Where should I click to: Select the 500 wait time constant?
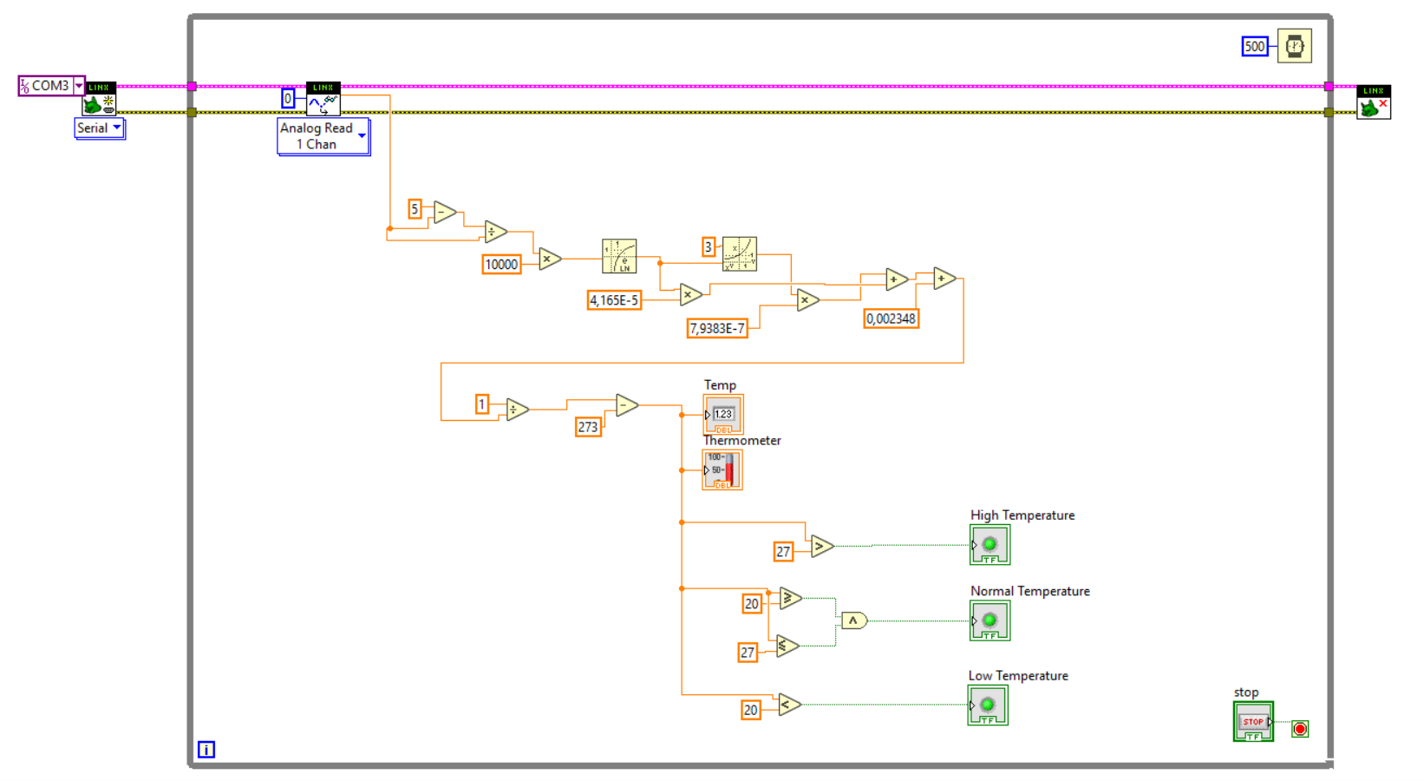click(x=1254, y=47)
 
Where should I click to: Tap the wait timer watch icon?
click(x=1294, y=46)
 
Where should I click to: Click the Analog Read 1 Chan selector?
click(x=323, y=136)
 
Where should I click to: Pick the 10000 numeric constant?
click(x=501, y=265)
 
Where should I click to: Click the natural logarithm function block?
click(x=619, y=256)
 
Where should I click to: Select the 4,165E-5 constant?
click(x=614, y=300)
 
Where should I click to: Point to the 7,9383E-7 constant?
click(x=716, y=328)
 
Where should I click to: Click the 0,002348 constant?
click(x=891, y=318)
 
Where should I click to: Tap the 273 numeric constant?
click(x=588, y=427)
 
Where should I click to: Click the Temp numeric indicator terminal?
click(x=722, y=415)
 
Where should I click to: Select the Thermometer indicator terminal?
click(x=722, y=470)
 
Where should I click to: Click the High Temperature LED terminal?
click(x=990, y=545)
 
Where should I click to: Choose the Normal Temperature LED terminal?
click(x=990, y=621)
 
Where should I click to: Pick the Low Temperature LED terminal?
click(x=988, y=706)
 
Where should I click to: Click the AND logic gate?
click(x=853, y=620)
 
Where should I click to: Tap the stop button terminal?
click(x=1253, y=722)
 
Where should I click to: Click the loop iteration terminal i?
click(x=206, y=749)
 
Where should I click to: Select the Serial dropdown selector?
click(x=99, y=128)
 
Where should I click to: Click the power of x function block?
click(x=739, y=253)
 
